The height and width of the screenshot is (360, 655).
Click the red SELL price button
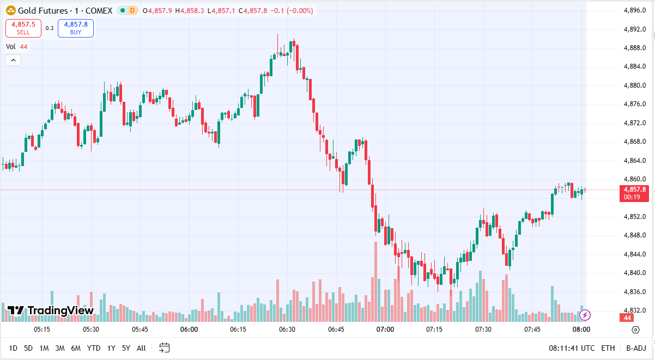[23, 28]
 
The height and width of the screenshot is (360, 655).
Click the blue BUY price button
[76, 28]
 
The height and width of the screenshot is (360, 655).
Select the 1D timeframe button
[13, 348]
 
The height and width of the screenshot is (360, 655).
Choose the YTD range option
[94, 348]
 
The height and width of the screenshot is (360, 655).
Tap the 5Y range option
[126, 348]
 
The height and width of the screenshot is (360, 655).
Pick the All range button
[141, 348]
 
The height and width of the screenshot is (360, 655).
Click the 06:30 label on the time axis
[287, 330]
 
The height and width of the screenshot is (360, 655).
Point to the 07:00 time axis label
[385, 330]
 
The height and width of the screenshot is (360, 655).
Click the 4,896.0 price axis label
[634, 10]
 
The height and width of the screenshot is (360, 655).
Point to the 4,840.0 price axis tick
[634, 273]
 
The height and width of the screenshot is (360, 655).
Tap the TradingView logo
[51, 310]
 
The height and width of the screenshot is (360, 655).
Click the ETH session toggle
[608, 348]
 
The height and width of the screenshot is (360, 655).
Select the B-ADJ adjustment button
[636, 348]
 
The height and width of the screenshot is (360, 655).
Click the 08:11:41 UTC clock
[572, 348]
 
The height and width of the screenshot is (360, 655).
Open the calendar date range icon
[165, 348]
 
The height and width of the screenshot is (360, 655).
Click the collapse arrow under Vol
[13, 60]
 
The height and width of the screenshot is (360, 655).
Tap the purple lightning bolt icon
[585, 315]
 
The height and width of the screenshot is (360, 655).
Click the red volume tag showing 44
[627, 318]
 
